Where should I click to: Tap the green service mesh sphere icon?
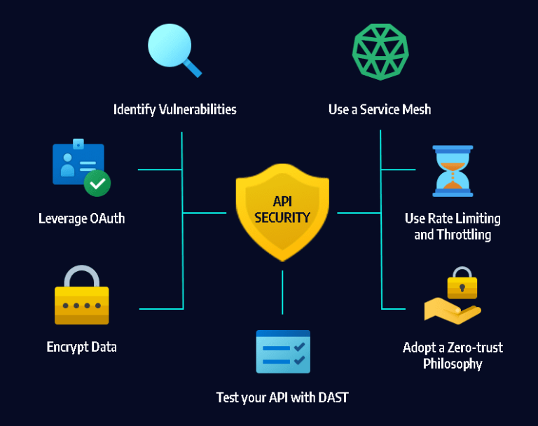[x=380, y=52]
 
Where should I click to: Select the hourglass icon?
[x=453, y=171]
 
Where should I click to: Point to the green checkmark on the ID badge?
[x=97, y=184]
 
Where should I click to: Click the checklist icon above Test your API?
[x=283, y=352]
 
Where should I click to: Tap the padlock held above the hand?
[x=462, y=282]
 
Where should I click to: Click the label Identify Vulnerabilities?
[x=174, y=109]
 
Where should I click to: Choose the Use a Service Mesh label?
[x=380, y=109]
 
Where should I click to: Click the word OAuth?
[x=107, y=219]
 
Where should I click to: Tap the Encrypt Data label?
[x=82, y=347]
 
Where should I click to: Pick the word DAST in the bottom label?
[x=332, y=398]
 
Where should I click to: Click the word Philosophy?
[x=453, y=364]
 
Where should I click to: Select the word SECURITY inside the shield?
[x=282, y=218]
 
